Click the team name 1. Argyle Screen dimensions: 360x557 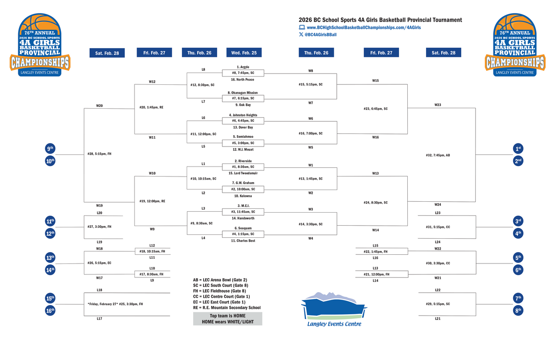point(243,67)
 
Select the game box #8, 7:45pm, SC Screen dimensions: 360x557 point(243,73)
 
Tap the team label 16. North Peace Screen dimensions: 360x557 point(243,80)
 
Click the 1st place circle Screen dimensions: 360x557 point(518,149)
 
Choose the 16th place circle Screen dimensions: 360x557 point(50,310)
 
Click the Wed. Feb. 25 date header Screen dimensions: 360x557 point(244,53)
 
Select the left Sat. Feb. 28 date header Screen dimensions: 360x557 point(107,53)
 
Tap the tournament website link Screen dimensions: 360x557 point(363,27)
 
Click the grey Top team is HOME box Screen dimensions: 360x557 point(228,319)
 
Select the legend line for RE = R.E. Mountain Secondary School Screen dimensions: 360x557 point(227,308)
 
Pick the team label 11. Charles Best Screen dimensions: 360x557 point(243,240)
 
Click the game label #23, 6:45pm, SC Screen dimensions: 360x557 point(375,109)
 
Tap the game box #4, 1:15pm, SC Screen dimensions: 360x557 point(243,234)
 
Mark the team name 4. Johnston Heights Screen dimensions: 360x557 point(243,115)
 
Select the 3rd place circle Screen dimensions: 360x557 point(518,221)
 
